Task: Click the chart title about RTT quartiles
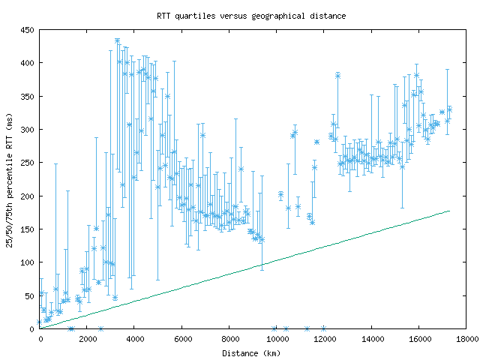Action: pos(251,15)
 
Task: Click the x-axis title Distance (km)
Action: pos(251,352)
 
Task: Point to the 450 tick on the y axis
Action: pos(28,30)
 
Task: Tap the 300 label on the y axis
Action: pos(28,130)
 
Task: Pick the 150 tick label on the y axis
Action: pos(28,229)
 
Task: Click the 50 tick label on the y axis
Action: pos(30,295)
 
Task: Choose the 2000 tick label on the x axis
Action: pos(88,340)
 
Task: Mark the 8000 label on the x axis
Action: pos(230,340)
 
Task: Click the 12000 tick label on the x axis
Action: pos(325,340)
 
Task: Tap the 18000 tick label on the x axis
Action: pos(467,340)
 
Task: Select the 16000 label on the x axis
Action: pos(420,340)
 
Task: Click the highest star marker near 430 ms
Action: pos(117,40)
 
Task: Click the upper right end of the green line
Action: pos(449,211)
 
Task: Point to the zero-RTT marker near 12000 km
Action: pos(323,328)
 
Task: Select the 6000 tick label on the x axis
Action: pos(182,340)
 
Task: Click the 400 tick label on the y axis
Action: pos(28,63)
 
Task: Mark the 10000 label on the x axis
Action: pos(277,340)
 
